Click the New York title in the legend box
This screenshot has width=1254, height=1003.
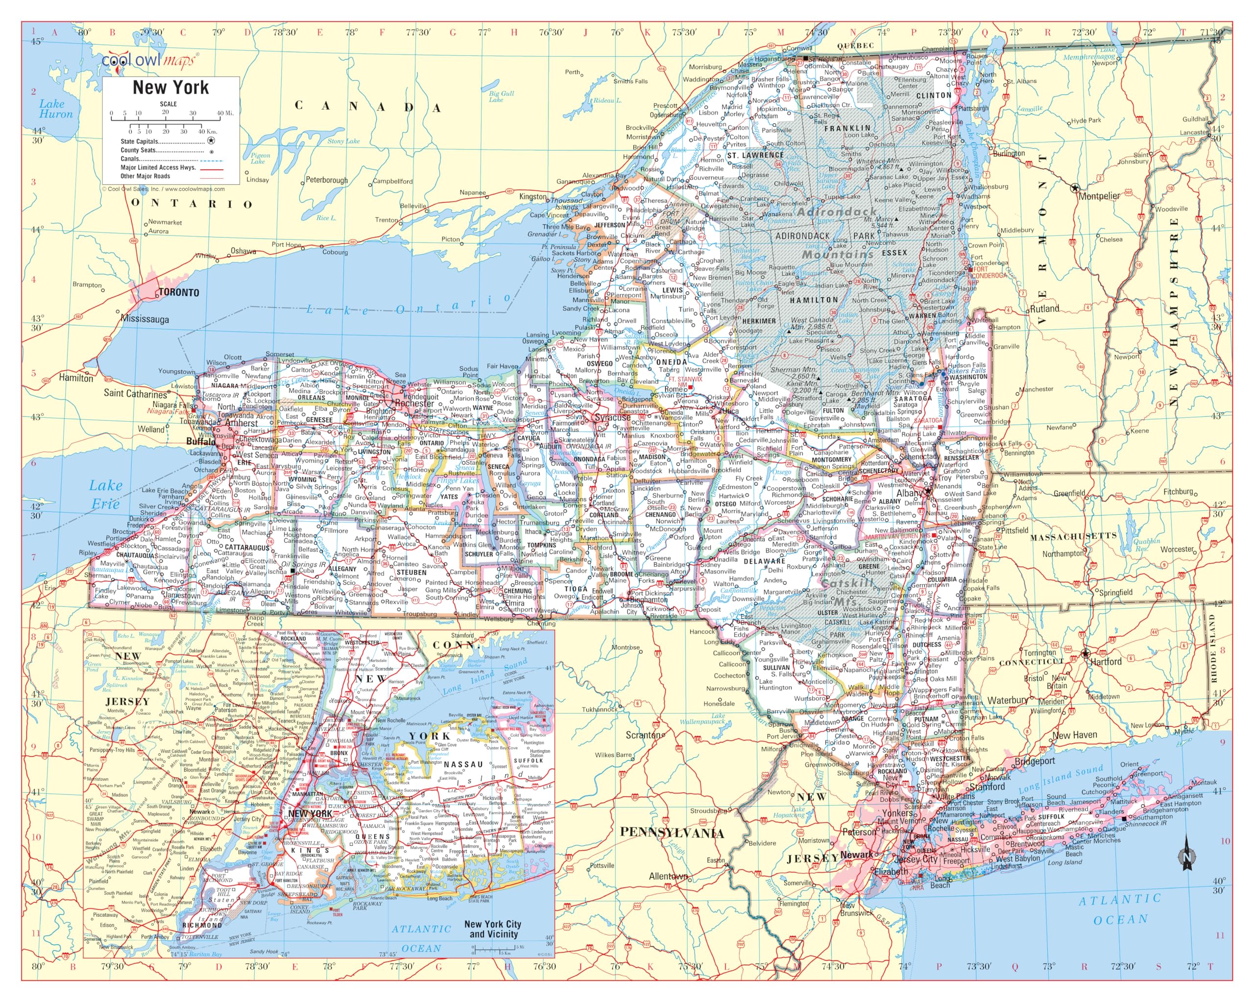pyautogui.click(x=170, y=87)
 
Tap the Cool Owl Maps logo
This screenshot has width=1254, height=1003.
pyautogui.click(x=150, y=60)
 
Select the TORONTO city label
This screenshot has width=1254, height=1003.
pyautogui.click(x=179, y=292)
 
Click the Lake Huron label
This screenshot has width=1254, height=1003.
pyautogui.click(x=56, y=109)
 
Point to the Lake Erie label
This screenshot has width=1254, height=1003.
pyautogui.click(x=105, y=494)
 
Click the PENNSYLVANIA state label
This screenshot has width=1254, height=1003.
pyautogui.click(x=672, y=833)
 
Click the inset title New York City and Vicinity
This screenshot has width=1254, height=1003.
pyautogui.click(x=492, y=929)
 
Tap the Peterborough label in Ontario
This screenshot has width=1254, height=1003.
pyautogui.click(x=326, y=180)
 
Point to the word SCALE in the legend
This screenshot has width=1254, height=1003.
pyautogui.click(x=168, y=104)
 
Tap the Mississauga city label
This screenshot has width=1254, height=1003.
pyautogui.click(x=145, y=319)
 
